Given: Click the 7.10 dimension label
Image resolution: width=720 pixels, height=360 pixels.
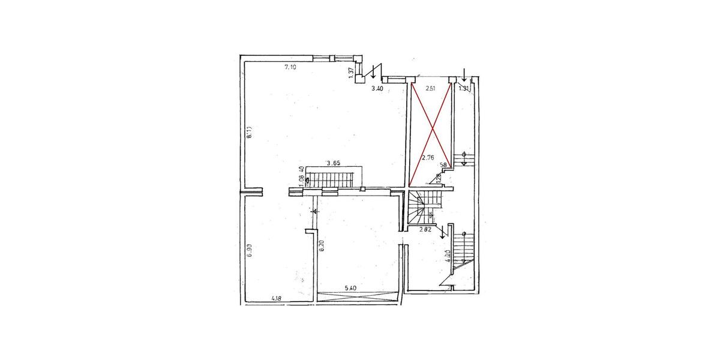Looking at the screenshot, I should (x=290, y=67).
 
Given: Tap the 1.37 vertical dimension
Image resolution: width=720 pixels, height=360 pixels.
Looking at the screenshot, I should (x=351, y=73).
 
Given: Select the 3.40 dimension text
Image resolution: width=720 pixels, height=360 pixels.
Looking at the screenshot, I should (x=377, y=89).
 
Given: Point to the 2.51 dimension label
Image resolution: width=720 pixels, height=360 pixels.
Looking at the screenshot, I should (x=430, y=89).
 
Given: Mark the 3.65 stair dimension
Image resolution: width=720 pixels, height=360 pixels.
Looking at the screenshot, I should (x=333, y=163).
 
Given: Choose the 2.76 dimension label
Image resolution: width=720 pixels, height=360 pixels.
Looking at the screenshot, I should (x=428, y=158).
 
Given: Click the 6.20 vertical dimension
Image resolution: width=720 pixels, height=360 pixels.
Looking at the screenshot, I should (x=322, y=246).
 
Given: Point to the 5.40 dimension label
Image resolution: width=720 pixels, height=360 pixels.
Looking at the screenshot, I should (x=352, y=289).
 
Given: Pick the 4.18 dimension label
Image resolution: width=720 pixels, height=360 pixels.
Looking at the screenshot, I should (x=277, y=298).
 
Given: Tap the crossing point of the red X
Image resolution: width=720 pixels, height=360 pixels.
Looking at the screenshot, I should (x=431, y=133).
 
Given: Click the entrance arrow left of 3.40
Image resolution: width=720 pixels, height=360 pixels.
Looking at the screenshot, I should (x=374, y=71).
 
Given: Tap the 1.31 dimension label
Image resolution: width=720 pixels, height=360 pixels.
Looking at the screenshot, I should (x=464, y=89).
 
